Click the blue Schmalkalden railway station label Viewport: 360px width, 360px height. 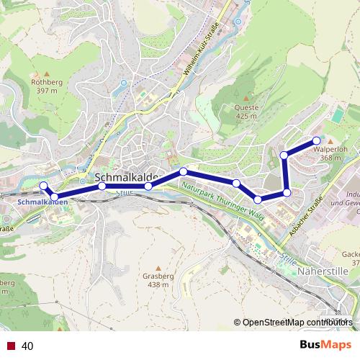tap(42, 202)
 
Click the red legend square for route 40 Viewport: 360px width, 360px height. tap(11, 346)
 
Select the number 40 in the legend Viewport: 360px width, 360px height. tap(28, 346)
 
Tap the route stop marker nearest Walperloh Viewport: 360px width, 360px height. tap(317, 140)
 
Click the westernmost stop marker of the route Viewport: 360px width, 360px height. tap(43, 186)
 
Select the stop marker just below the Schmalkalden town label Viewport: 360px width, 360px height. tap(102, 186)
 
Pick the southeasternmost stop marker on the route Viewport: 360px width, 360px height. tap(287, 192)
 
